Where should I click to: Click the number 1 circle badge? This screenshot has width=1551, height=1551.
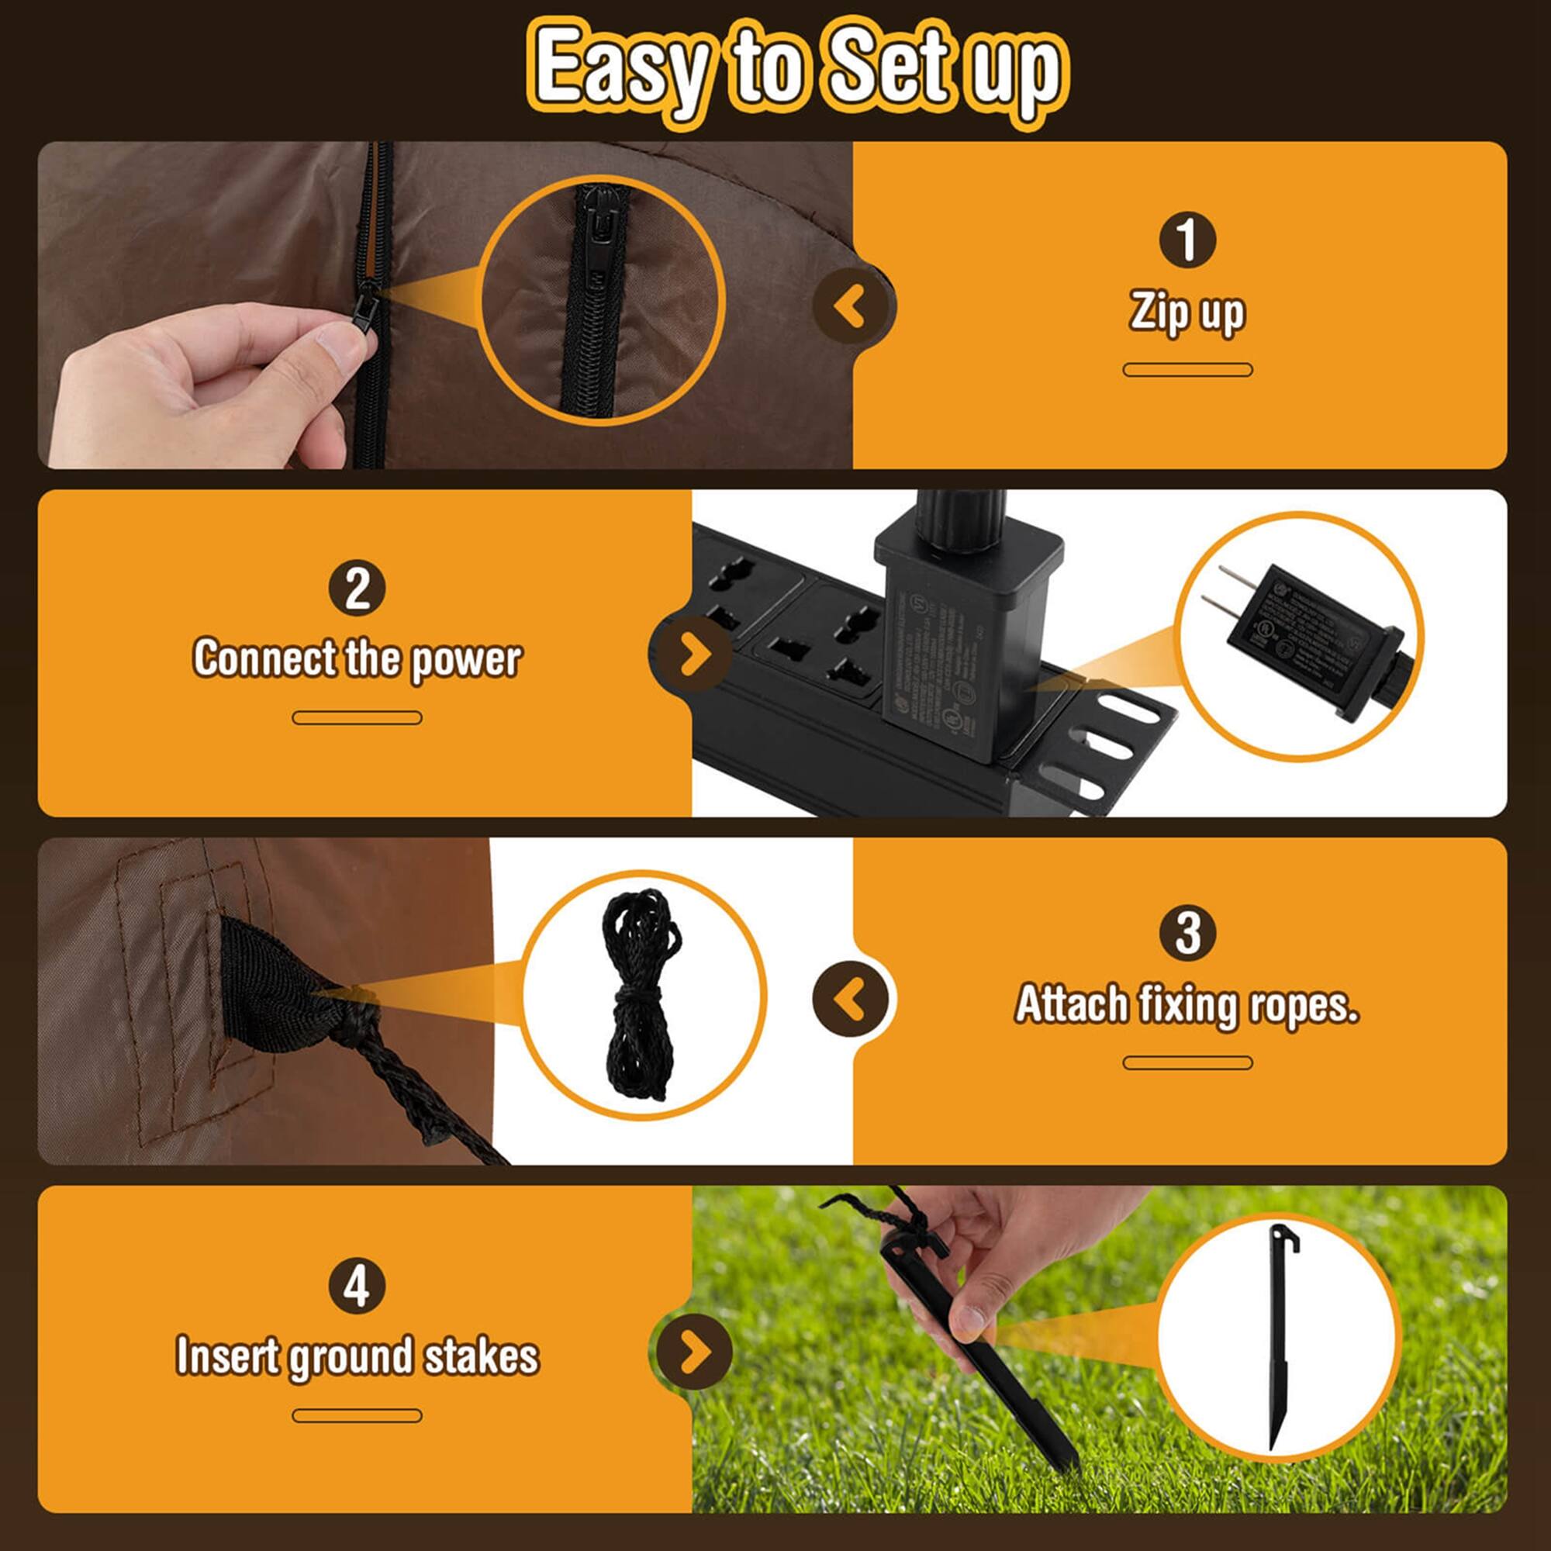[1187, 239]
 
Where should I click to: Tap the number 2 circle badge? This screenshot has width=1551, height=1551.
[357, 588]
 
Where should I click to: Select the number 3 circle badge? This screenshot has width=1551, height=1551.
[1187, 933]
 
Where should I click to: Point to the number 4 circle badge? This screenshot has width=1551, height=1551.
[357, 1285]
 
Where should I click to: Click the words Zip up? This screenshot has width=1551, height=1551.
[1187, 313]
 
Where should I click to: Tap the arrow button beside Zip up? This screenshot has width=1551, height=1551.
[851, 306]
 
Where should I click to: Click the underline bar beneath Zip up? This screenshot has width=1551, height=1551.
[1187, 370]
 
